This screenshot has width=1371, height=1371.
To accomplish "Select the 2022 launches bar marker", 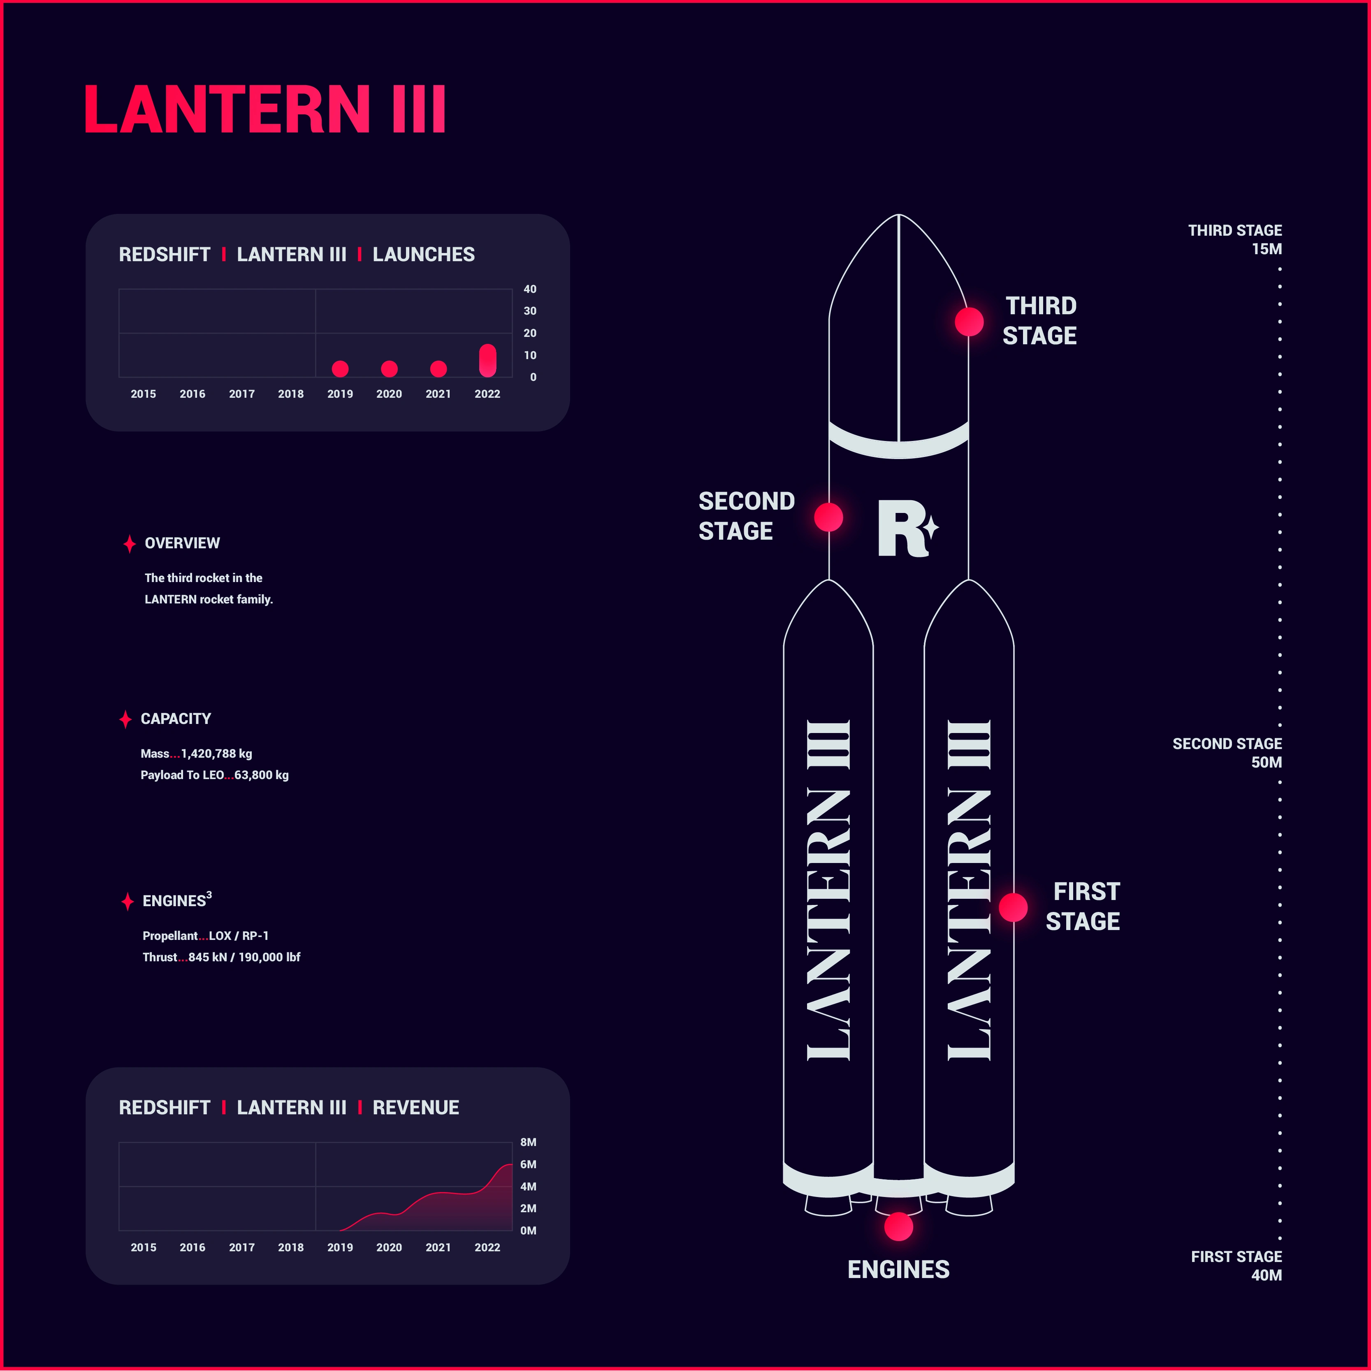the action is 487,360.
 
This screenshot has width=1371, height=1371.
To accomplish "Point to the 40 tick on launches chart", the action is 530,289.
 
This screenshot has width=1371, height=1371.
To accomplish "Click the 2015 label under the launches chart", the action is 143,394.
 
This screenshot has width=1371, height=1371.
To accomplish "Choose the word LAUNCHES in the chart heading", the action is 424,255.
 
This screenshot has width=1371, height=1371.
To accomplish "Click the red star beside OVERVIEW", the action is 129,543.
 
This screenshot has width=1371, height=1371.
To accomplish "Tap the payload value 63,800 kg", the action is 262,775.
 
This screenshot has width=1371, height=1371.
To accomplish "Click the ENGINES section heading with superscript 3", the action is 177,900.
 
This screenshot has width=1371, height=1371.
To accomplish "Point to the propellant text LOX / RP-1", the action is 239,936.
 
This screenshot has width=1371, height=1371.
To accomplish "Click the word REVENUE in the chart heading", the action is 416,1108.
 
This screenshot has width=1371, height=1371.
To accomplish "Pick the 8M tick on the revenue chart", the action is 529,1142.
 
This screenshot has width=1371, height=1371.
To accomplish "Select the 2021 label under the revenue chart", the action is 438,1248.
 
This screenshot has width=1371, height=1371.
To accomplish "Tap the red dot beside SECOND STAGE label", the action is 829,517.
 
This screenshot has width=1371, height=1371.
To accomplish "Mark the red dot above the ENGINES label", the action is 899,1226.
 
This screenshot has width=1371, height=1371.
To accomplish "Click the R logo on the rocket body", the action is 908,528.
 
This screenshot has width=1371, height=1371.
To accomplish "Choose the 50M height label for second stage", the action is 1267,762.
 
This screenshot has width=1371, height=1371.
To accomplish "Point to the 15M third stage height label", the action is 1267,249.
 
